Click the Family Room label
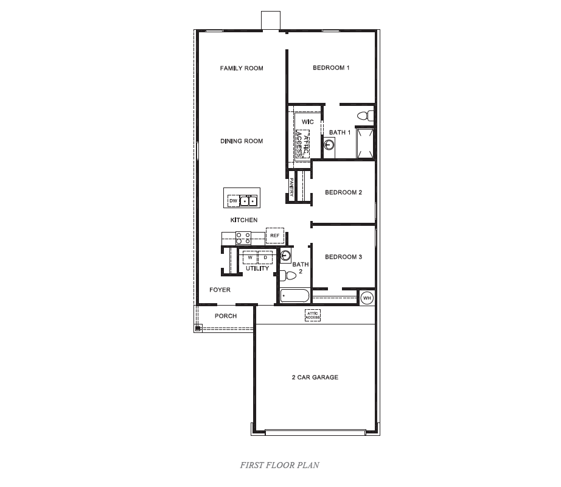tap(242, 68)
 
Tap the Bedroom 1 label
tap(331, 68)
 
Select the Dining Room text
tap(242, 141)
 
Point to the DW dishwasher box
tap(232, 200)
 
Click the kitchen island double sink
tap(248, 200)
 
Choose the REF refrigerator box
tap(274, 235)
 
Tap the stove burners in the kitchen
tap(243, 237)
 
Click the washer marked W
tap(250, 258)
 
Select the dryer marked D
tap(265, 258)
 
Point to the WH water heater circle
tap(366, 298)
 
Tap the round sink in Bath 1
tap(329, 145)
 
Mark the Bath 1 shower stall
tap(365, 143)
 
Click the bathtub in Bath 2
tap(295, 297)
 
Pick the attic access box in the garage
tap(312, 315)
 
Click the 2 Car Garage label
tap(315, 377)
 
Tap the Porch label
tap(226, 316)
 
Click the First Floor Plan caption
tap(280, 465)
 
